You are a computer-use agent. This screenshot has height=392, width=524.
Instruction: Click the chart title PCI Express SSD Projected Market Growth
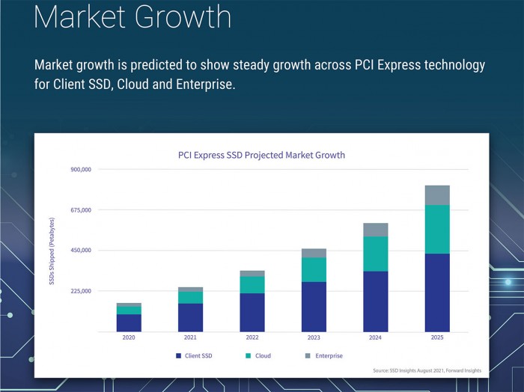[261, 156]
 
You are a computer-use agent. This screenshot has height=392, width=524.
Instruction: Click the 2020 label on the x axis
[129, 338]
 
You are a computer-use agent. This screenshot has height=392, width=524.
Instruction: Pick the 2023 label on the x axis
[314, 338]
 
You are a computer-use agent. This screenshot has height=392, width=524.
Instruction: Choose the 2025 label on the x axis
[436, 338]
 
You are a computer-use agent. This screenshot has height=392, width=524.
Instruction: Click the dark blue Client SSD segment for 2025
[436, 293]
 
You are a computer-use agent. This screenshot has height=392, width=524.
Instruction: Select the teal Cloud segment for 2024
[375, 254]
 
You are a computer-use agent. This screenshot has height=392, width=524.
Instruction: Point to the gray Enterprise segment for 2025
[436, 195]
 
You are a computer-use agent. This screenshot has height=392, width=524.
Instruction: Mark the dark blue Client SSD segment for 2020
[129, 322]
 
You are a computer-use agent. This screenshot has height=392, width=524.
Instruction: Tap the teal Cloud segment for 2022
[252, 284]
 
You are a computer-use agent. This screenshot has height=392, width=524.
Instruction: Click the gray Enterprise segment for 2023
[314, 253]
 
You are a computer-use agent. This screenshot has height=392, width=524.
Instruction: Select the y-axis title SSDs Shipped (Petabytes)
[52, 251]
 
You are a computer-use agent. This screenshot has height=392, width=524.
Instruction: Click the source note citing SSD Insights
[427, 370]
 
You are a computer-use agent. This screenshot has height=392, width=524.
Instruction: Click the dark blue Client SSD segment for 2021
[190, 317]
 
